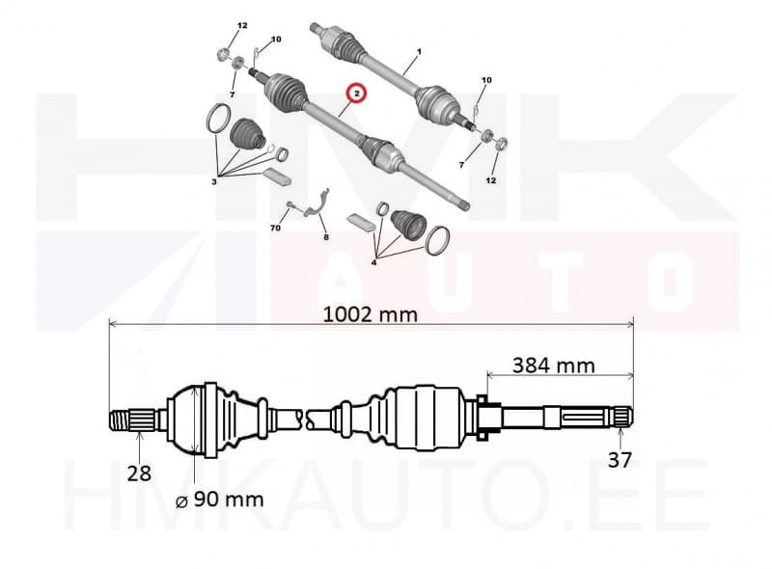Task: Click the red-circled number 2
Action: click(357, 93)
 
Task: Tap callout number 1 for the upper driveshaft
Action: click(419, 51)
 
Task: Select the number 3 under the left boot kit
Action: click(213, 182)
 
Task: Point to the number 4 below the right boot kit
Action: click(374, 263)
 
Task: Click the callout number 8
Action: click(326, 238)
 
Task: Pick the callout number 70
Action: click(275, 228)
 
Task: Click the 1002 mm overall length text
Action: click(371, 314)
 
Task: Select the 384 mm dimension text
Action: click(553, 366)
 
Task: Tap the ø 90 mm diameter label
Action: click(220, 500)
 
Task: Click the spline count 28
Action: click(139, 474)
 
